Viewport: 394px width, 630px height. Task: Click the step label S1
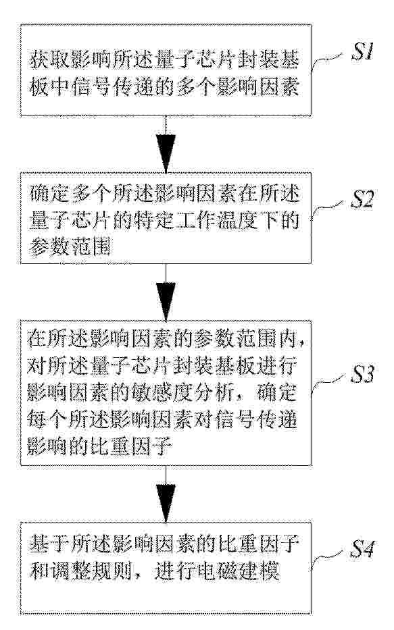(363, 52)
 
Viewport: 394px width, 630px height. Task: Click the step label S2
(362, 199)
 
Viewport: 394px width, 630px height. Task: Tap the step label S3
(362, 374)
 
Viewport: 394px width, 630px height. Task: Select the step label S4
(362, 549)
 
